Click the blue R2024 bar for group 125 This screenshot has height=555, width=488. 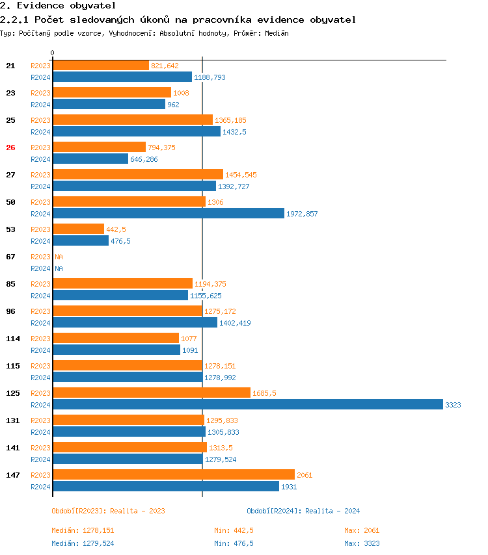coord(247,404)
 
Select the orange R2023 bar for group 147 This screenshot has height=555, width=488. coord(173,474)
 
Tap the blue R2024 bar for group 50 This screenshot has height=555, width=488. coord(168,213)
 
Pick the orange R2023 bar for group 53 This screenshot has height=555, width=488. coord(78,229)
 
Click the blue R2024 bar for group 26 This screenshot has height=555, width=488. coord(90,159)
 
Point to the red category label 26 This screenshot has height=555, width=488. coord(10,148)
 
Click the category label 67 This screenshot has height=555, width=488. coord(10,257)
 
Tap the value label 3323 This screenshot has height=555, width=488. coord(453,405)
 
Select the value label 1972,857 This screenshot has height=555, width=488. coord(302,214)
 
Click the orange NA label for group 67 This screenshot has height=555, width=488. coord(59,257)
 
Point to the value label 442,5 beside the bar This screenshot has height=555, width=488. coord(116,229)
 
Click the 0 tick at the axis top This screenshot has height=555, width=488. coord(53,53)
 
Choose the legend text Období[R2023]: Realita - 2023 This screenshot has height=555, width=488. coord(108,511)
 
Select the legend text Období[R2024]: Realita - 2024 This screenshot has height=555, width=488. coord(303,511)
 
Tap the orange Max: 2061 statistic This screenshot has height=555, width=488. coord(362,530)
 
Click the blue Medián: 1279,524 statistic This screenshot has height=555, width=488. coord(83,543)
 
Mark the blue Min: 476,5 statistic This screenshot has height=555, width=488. coord(234,543)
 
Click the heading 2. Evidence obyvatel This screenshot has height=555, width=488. coord(58,6)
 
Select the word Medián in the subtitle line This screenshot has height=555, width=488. coord(277,32)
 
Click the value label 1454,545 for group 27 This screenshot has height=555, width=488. coord(241,175)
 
